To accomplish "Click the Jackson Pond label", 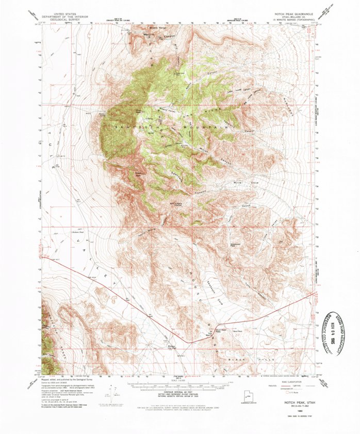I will tap(77, 233).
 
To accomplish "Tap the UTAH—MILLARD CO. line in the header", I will tap(292, 15).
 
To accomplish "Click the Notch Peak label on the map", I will tap(139, 110).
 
